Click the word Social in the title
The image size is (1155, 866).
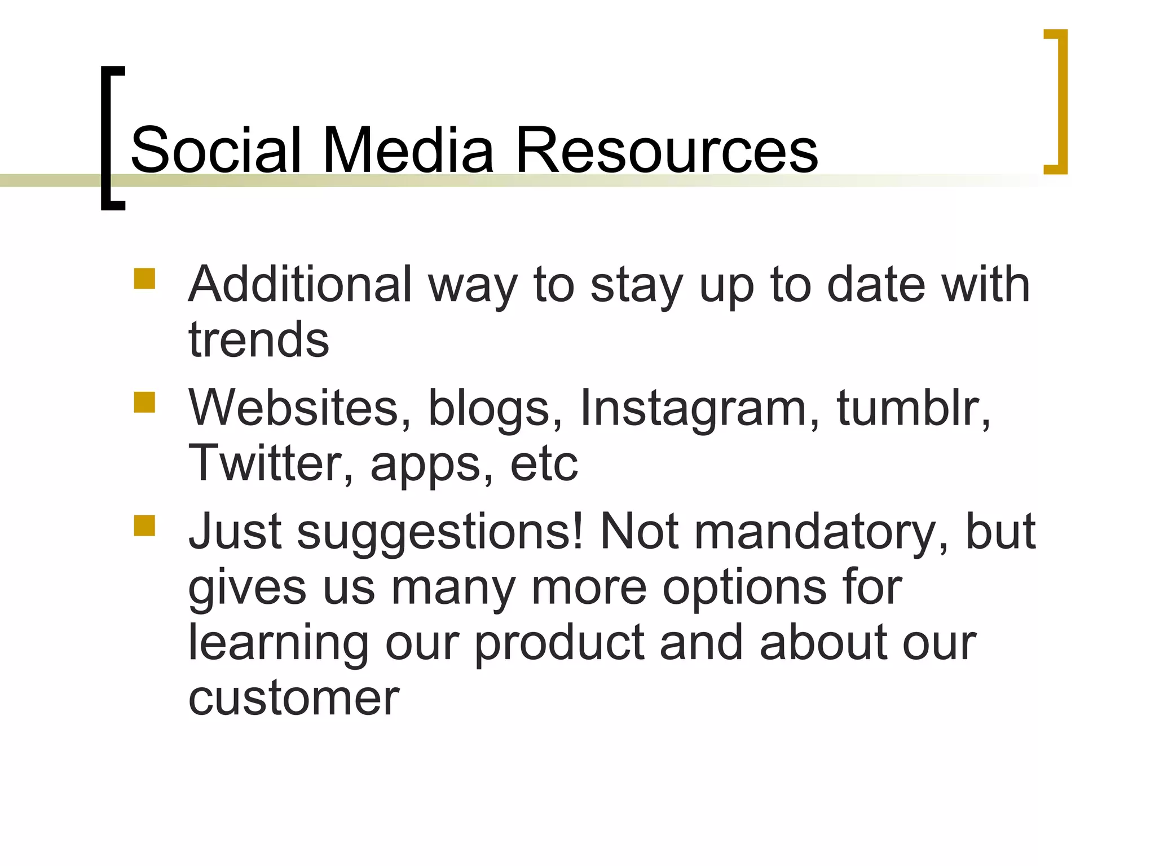tap(215, 150)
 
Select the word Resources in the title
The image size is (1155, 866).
tap(666, 150)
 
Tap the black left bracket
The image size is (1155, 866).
tap(107, 138)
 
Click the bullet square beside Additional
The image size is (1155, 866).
tap(144, 279)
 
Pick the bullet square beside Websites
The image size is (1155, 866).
tap(144, 403)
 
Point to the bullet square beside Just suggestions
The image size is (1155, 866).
tap(144, 525)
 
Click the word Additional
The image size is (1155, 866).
tap(300, 284)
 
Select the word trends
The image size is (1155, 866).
tap(259, 339)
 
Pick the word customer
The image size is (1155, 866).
tap(294, 698)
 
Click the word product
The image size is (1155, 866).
tap(559, 643)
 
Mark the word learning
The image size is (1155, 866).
tap(279, 643)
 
